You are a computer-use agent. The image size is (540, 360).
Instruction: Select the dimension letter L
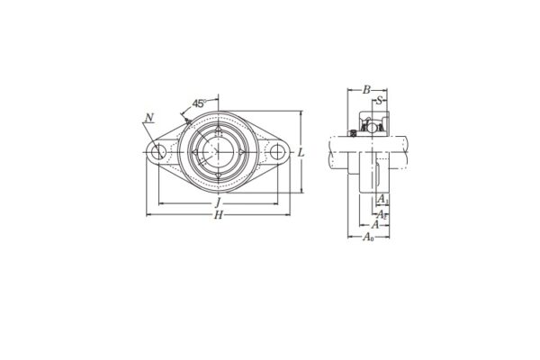click(x=301, y=152)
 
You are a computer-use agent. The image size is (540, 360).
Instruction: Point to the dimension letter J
click(x=217, y=204)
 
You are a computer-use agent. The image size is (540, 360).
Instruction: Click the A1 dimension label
click(x=383, y=198)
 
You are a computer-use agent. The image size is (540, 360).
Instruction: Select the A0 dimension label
click(x=369, y=237)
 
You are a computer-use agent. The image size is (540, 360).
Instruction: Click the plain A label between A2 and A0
click(x=375, y=224)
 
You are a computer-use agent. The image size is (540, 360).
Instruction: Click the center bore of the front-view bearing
click(x=217, y=152)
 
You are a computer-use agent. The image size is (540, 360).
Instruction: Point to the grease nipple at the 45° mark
click(x=186, y=121)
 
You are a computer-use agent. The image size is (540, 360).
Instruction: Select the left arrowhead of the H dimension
click(x=148, y=215)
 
